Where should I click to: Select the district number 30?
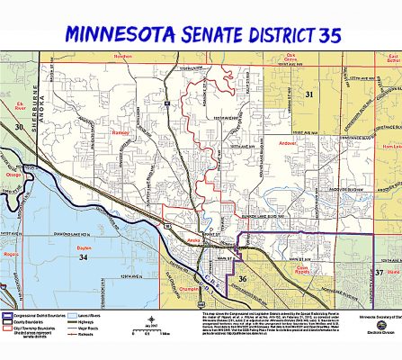click(19, 128)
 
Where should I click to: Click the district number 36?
click(242, 280)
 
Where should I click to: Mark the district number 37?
click(379, 271)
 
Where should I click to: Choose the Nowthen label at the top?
click(122, 55)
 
